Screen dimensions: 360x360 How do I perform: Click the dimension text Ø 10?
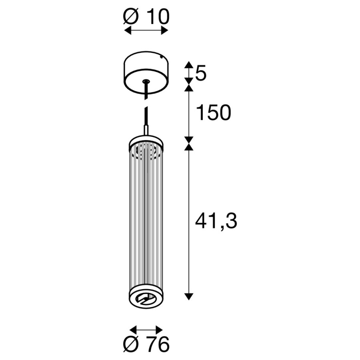click(x=146, y=16)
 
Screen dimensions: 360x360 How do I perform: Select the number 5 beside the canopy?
click(x=201, y=74)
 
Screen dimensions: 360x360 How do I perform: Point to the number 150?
click(x=214, y=112)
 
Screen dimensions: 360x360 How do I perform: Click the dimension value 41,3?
click(x=216, y=221)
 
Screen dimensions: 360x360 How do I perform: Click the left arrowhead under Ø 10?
click(x=128, y=30)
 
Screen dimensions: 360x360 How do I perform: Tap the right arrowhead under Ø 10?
click(x=165, y=30)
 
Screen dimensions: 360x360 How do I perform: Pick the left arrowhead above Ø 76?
click(x=133, y=330)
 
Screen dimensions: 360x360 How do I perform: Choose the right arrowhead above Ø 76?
click(x=159, y=330)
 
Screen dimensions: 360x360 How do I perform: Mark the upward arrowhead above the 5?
click(x=189, y=64)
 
